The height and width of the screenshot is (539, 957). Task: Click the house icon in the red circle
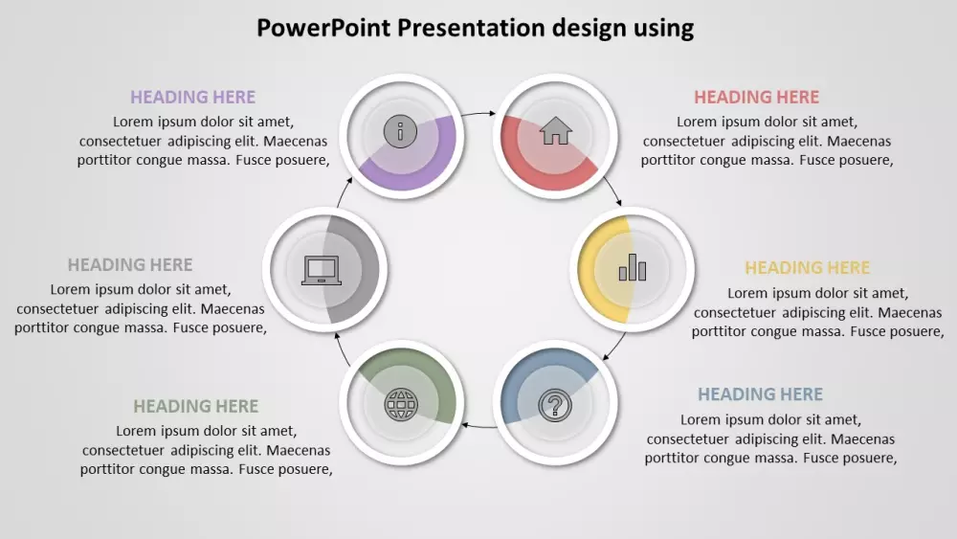[555, 130]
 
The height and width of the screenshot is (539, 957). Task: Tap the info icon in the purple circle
[400, 130]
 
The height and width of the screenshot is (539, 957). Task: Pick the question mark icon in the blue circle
[555, 405]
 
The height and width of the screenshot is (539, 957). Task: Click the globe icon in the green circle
[401, 404]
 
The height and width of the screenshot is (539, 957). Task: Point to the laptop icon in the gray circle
[322, 270]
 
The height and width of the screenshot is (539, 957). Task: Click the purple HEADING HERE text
[193, 97]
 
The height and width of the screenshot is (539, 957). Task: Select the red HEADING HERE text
[757, 97]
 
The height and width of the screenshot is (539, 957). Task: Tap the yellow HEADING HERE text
[808, 267]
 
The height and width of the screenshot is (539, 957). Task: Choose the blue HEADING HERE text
[761, 394]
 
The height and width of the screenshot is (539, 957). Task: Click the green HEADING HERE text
[196, 406]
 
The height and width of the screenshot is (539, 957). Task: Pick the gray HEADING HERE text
[130, 264]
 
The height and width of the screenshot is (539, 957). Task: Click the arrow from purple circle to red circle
[478, 113]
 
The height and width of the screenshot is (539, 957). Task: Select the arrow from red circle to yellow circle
[613, 191]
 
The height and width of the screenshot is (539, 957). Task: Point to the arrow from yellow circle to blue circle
[615, 348]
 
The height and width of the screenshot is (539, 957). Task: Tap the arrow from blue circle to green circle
[479, 425]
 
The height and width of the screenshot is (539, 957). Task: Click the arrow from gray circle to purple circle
[345, 191]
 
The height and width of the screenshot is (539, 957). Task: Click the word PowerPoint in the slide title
[323, 28]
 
